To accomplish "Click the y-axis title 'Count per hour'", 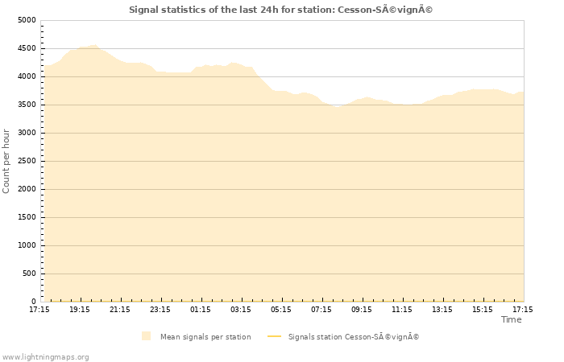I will pos(6,161).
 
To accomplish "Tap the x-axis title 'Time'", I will pos(511,319).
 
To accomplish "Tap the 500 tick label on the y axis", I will pos(29,274).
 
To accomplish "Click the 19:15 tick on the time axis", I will pos(80,309).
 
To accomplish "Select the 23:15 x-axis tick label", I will pos(160,309).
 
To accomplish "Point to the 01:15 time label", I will pos(201,309).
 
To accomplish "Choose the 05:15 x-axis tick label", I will pos(281,309).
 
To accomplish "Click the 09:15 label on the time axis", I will pos(362,309).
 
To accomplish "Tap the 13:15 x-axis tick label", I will pos(442,309).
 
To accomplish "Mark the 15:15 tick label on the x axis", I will pos(483,309).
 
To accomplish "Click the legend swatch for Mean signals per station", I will pos(146,336).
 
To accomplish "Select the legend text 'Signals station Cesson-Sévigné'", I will pos(354,337).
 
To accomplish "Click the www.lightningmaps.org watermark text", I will pos(46,357).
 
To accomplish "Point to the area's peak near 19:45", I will pos(93,45).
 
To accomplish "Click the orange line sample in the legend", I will pos(275,337).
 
